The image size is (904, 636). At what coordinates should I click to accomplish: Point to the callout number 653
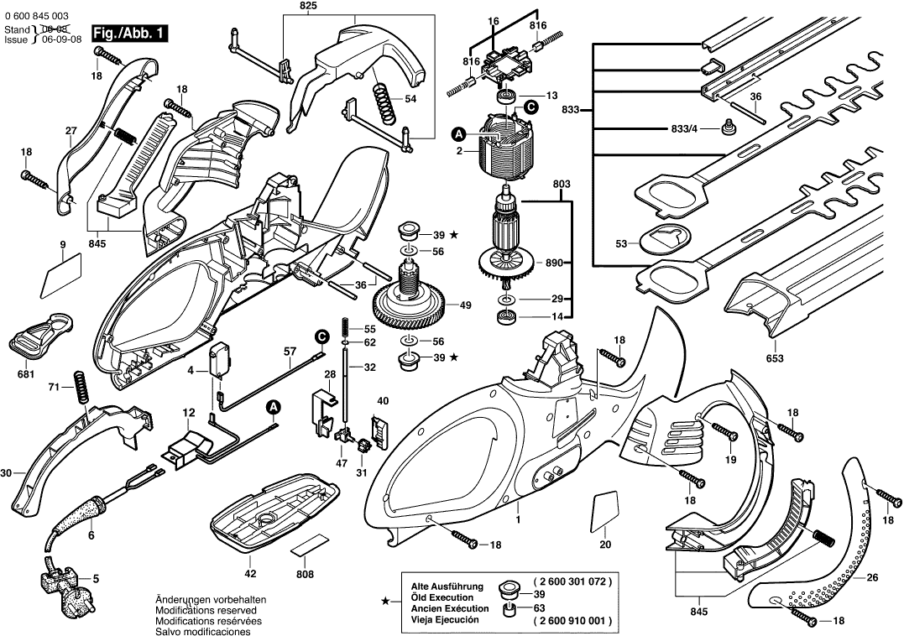(774, 359)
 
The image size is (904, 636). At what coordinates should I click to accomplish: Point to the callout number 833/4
(685, 129)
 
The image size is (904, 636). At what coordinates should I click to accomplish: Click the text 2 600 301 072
(572, 581)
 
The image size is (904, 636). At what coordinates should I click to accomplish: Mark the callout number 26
(872, 577)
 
